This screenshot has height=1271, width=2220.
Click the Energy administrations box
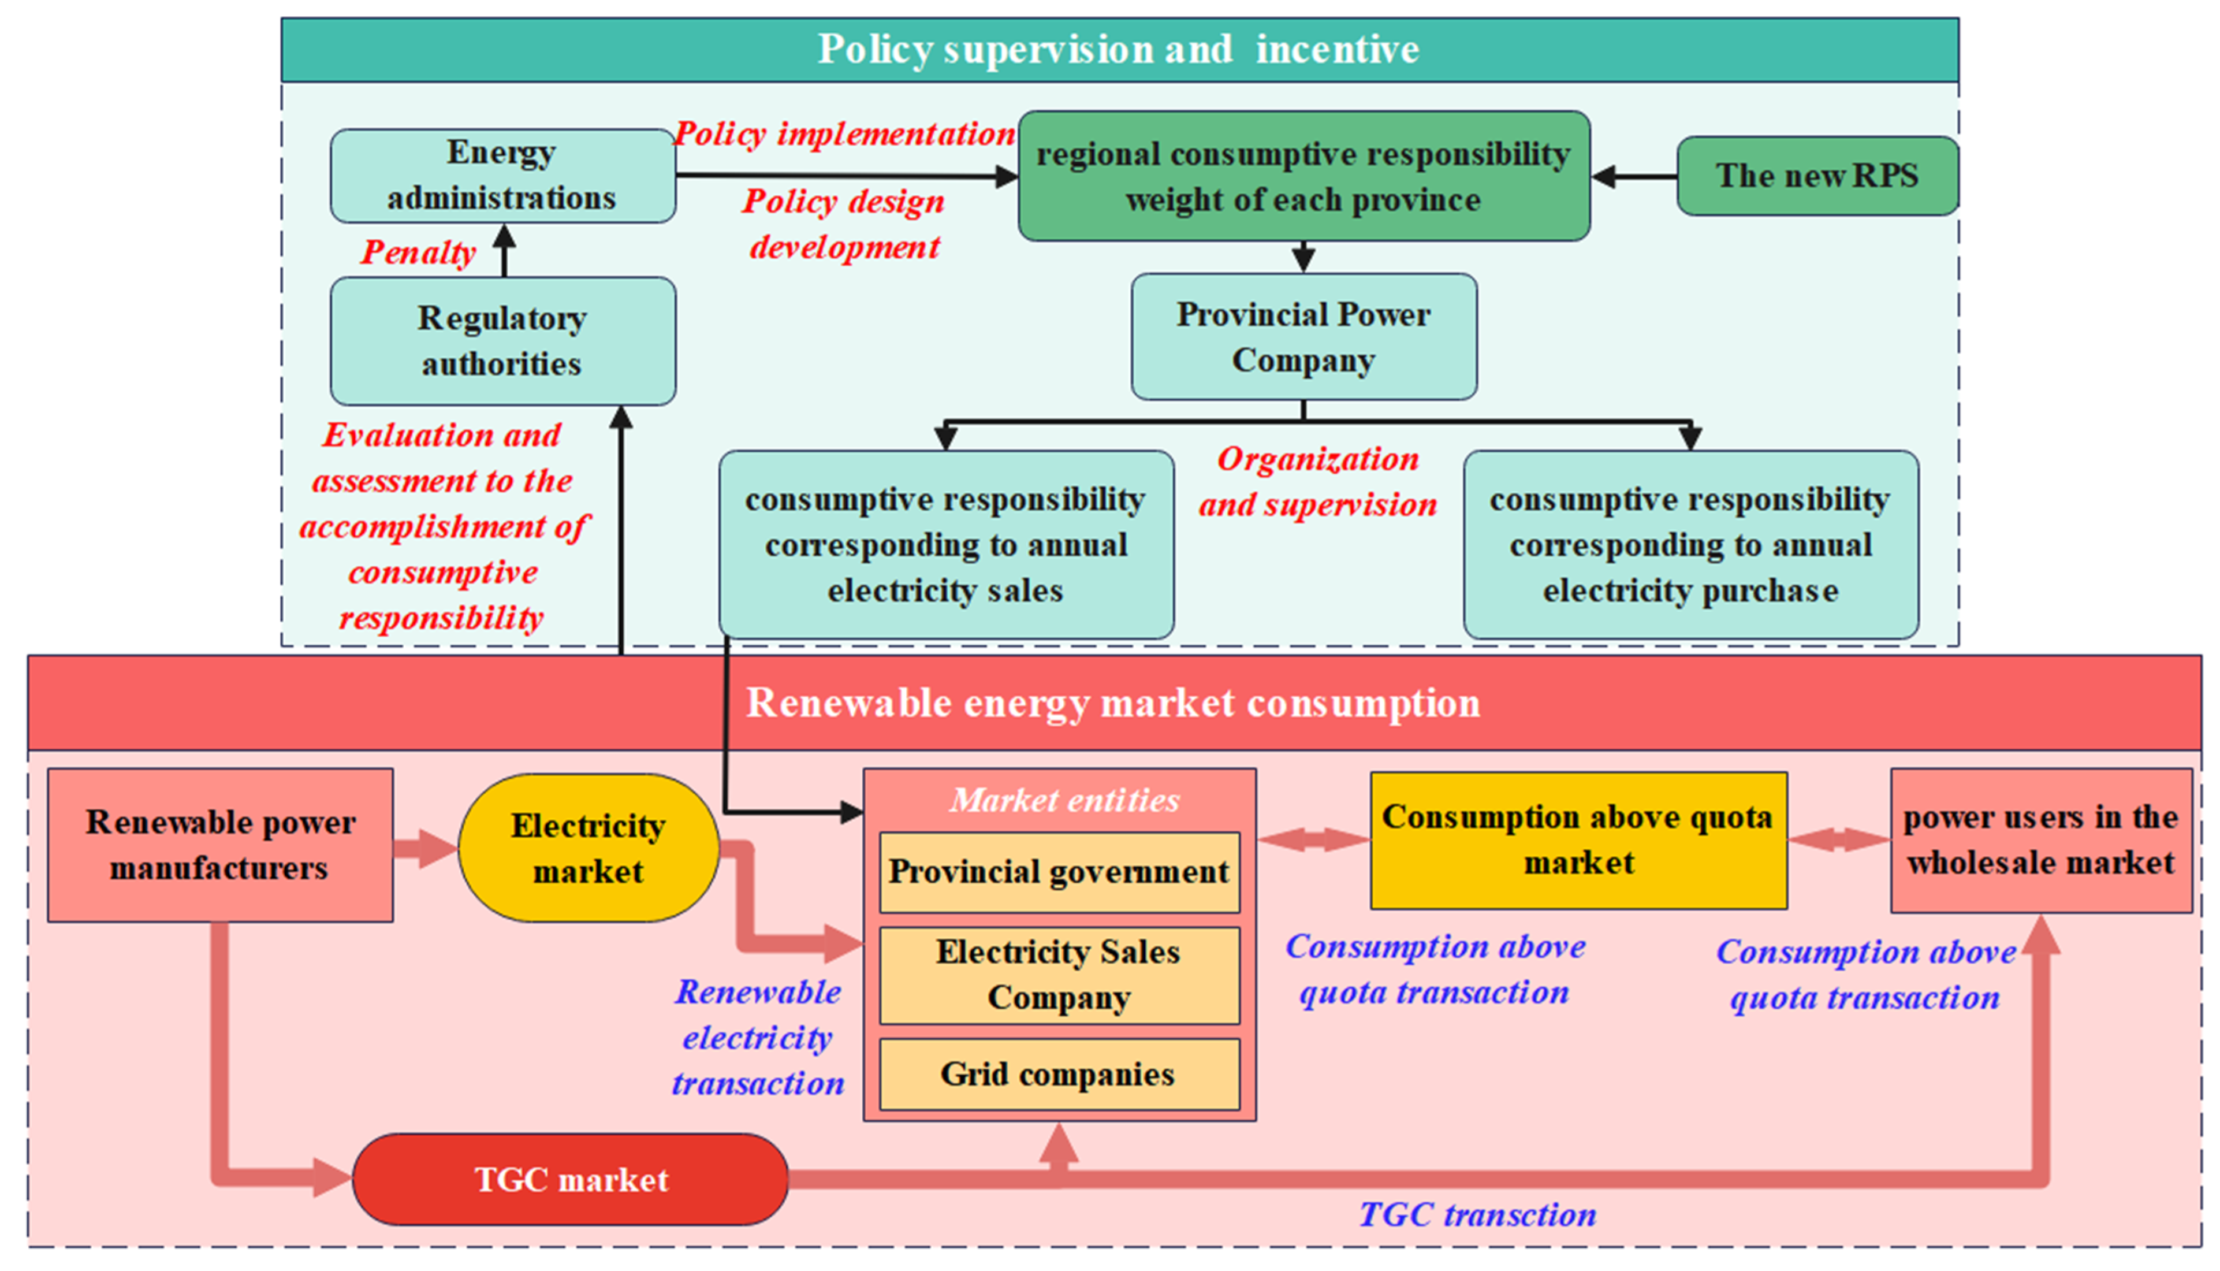pyautogui.click(x=502, y=176)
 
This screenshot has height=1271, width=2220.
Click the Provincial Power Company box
pyautogui.click(x=1303, y=337)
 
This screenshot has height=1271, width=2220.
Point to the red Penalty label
pyautogui.click(x=418, y=252)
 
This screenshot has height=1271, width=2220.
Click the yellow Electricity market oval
pyautogui.click(x=588, y=848)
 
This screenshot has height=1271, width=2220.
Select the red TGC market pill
pyautogui.click(x=571, y=1179)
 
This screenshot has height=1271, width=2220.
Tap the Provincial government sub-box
pyautogui.click(x=1059, y=871)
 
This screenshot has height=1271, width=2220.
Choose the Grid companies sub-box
pyautogui.click(x=1059, y=1074)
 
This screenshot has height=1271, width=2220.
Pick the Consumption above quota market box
pyautogui.click(x=1578, y=840)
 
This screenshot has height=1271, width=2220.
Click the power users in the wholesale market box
pyautogui.click(x=2040, y=840)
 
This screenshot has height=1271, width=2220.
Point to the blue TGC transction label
pyautogui.click(x=1477, y=1214)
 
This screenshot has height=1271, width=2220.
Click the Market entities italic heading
pyautogui.click(x=1064, y=800)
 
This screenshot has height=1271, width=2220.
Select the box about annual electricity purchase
pyautogui.click(x=1690, y=545)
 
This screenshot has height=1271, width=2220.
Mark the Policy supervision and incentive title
pyautogui.click(x=1118, y=49)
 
